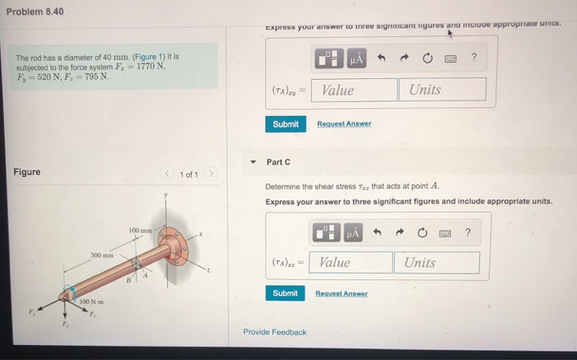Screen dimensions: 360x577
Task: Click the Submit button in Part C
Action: point(285,293)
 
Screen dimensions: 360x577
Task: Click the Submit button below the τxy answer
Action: point(285,124)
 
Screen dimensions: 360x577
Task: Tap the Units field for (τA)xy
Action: point(441,90)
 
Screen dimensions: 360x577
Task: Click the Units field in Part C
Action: point(436,263)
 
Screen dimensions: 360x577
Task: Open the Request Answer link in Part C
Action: point(341,294)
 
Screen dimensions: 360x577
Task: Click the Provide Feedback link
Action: point(274,332)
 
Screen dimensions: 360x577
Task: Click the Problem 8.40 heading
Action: point(35,12)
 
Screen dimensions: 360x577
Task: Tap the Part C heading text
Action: point(278,161)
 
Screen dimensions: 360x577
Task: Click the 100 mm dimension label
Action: point(139,228)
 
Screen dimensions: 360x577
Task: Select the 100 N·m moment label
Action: point(91,304)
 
